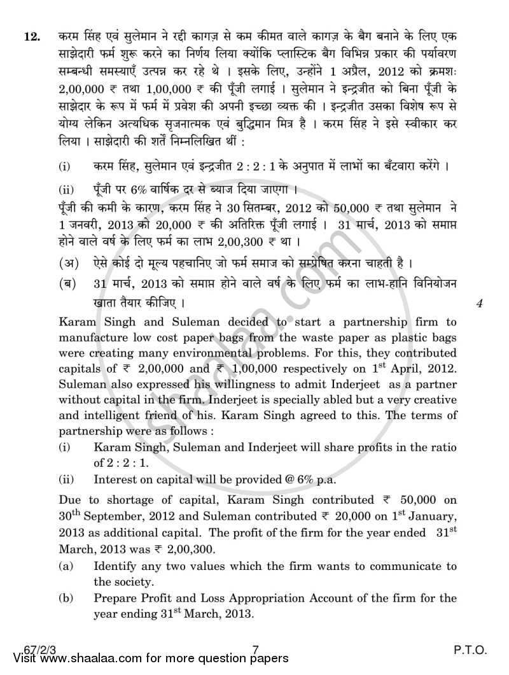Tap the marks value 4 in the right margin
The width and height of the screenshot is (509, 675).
(480, 304)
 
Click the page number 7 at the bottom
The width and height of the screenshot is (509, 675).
(255, 650)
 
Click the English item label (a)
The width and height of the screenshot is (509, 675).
(66, 566)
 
